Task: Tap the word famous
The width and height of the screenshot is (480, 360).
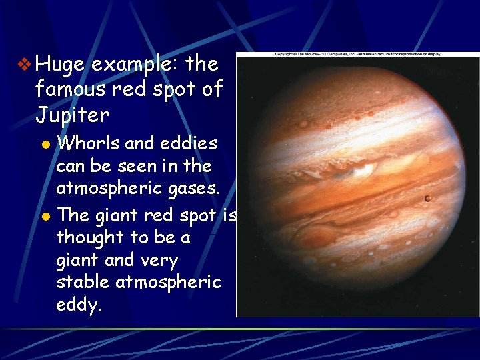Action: pyautogui.click(x=72, y=89)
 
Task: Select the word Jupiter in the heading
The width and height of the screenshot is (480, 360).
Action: pyautogui.click(x=72, y=115)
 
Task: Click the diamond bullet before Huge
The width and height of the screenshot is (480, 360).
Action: pyautogui.click(x=25, y=65)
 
